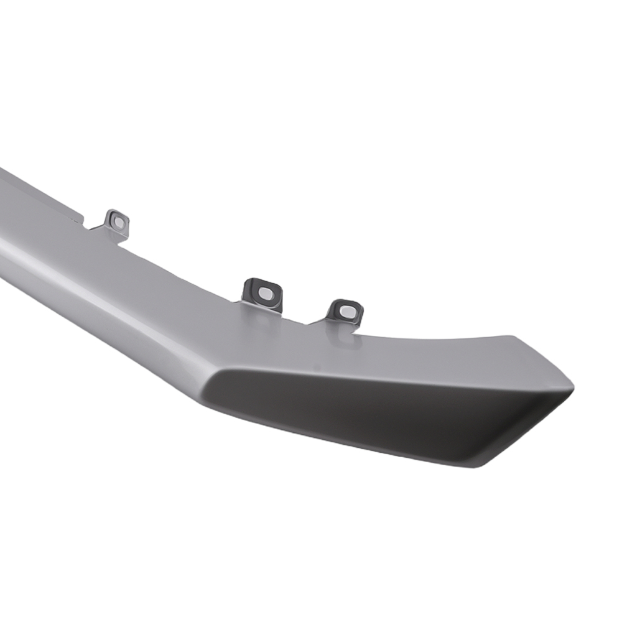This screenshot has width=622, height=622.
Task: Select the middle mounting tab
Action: click(262, 294)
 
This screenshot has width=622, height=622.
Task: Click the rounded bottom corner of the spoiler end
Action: click(479, 463)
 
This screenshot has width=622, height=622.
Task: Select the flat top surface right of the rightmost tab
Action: click(435, 348)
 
